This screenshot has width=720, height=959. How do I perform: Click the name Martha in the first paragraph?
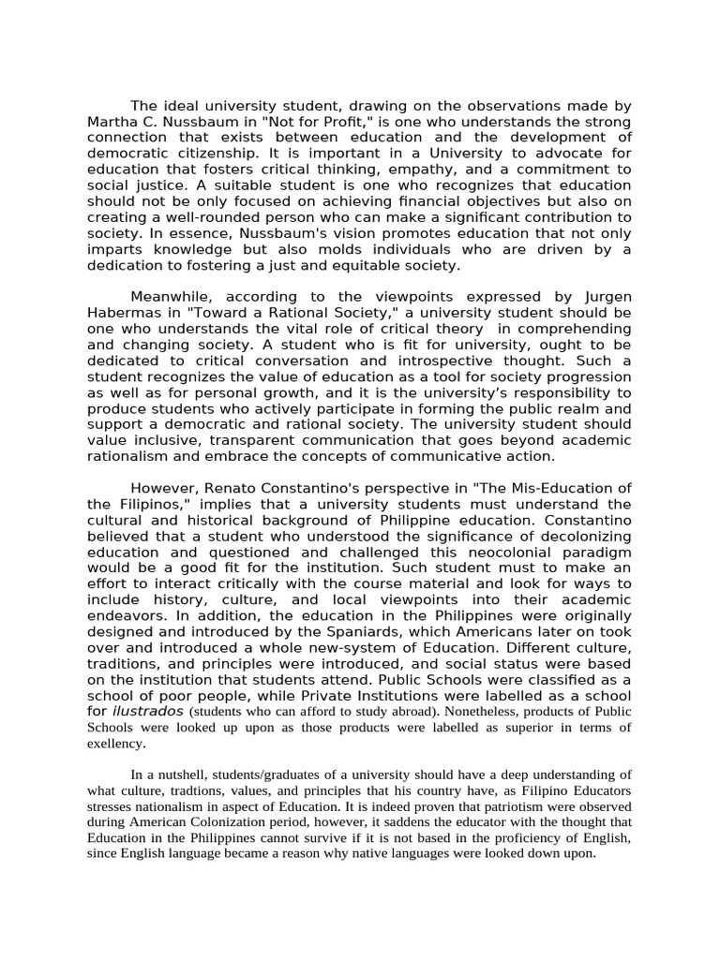pyautogui.click(x=113, y=123)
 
